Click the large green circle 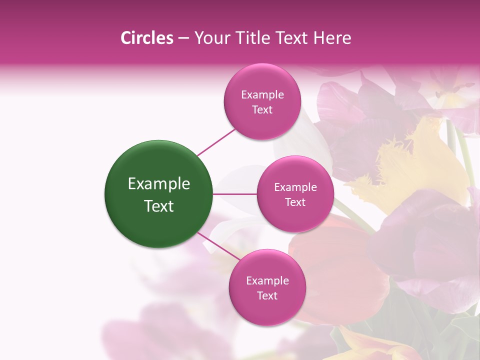point(158,194)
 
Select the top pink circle point(262,101)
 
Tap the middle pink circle point(295,194)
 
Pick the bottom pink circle point(267,287)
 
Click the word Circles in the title point(147,38)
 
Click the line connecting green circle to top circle point(216,142)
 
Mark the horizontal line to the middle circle point(234,194)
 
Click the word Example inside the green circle point(159,184)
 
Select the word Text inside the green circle point(159,206)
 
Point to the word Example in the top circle point(262,94)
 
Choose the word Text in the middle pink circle point(295,202)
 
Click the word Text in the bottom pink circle point(267,295)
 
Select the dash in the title point(183,38)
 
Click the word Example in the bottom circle point(267,280)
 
